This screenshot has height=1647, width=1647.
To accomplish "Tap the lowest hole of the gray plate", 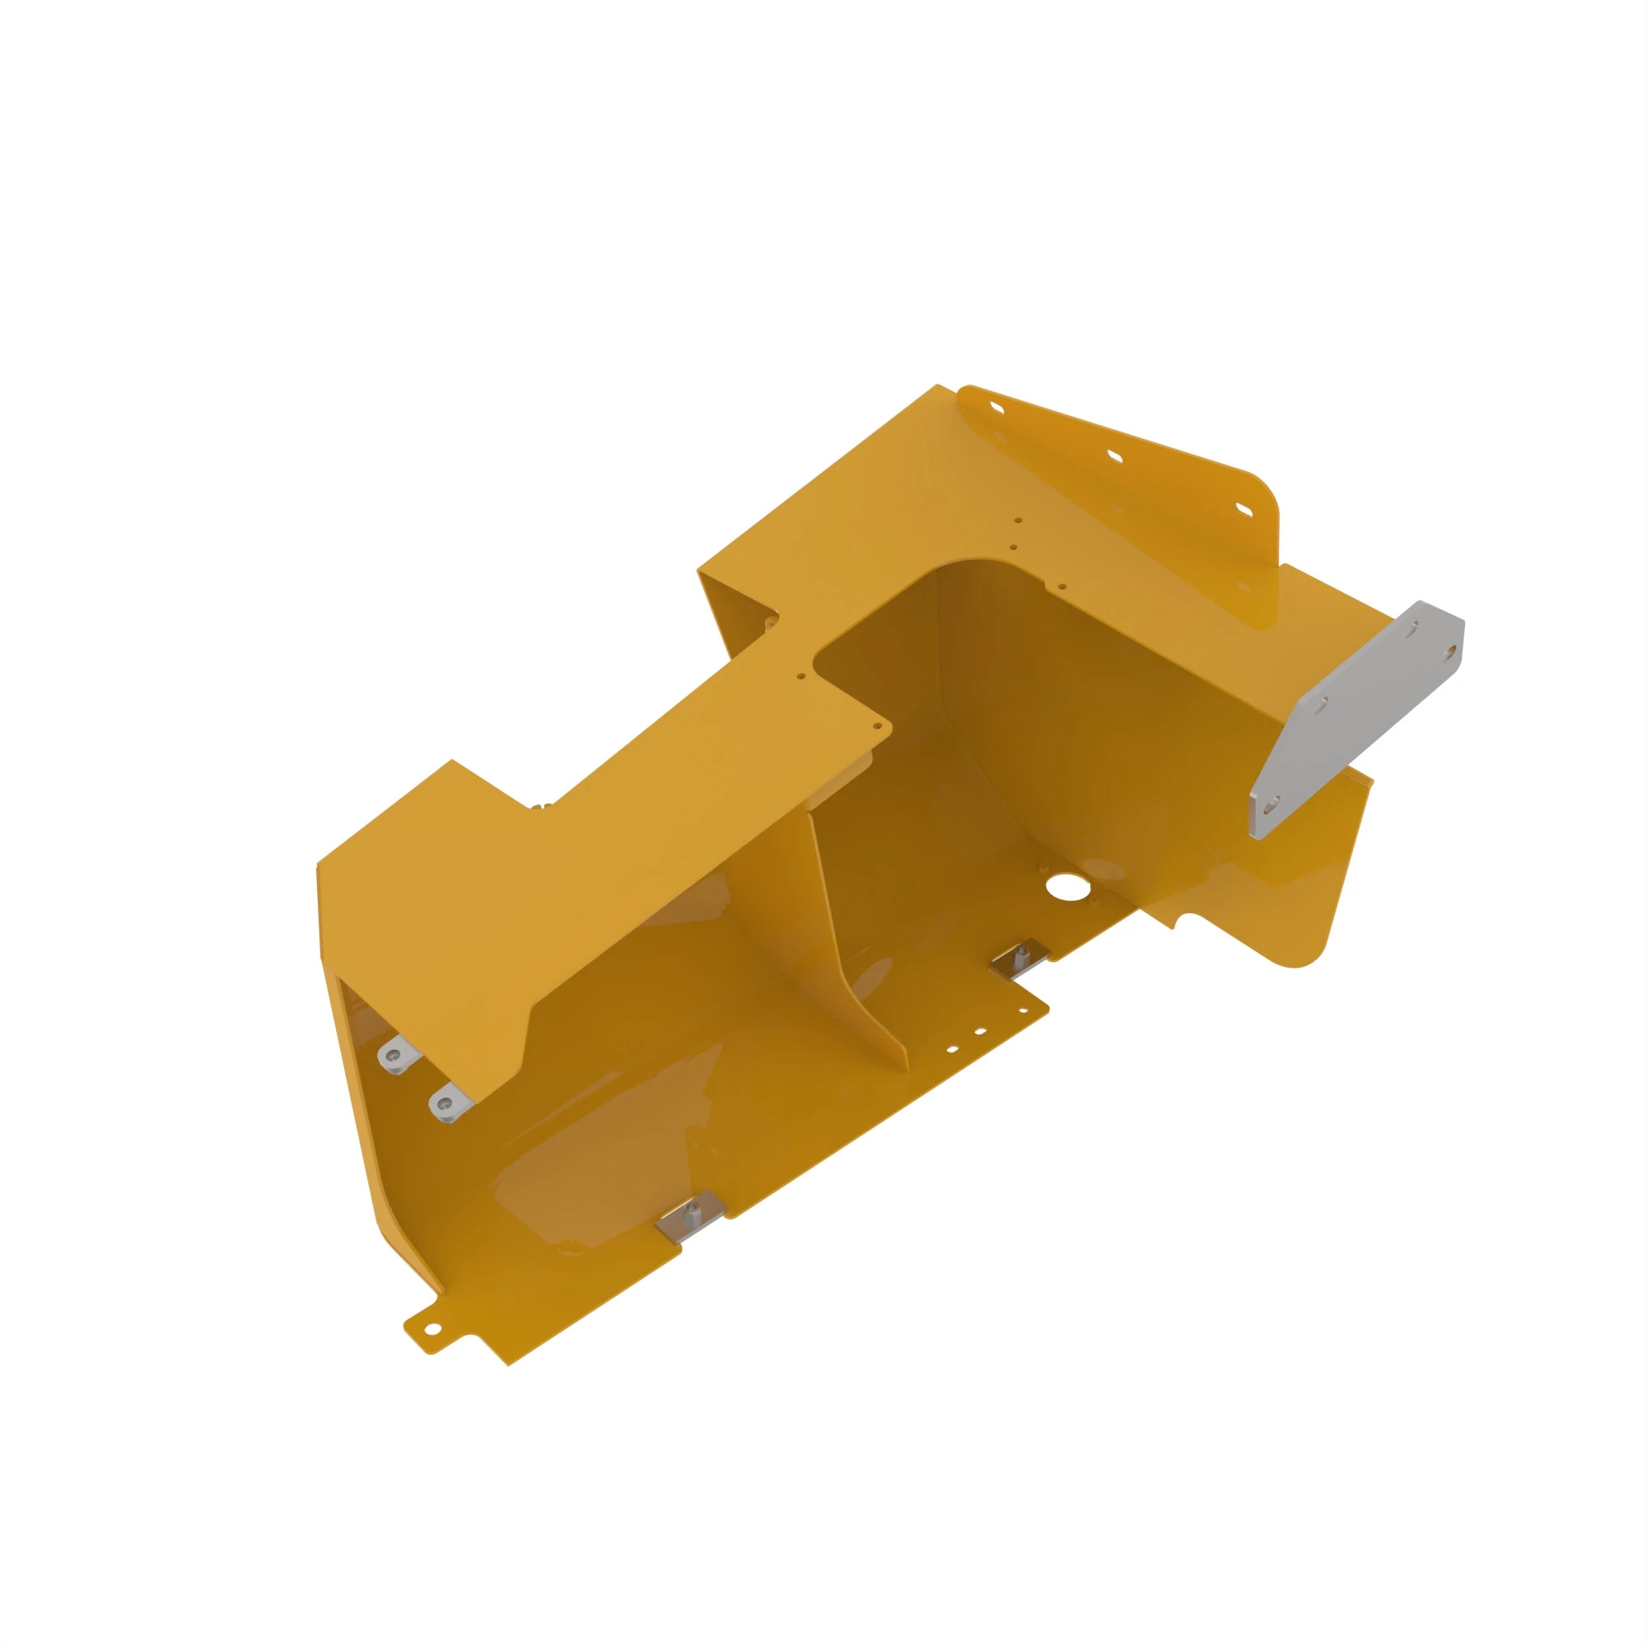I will pos(1272,803).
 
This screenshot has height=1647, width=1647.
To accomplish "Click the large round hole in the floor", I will pos(1063,887).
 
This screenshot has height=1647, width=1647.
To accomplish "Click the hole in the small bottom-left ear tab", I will pos(432,1328).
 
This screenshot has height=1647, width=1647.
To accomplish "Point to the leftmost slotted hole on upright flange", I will pos(997,408).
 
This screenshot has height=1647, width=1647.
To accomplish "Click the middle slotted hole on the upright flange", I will pos(1114,456).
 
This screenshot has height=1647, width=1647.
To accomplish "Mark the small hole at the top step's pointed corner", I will pos(878,726).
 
